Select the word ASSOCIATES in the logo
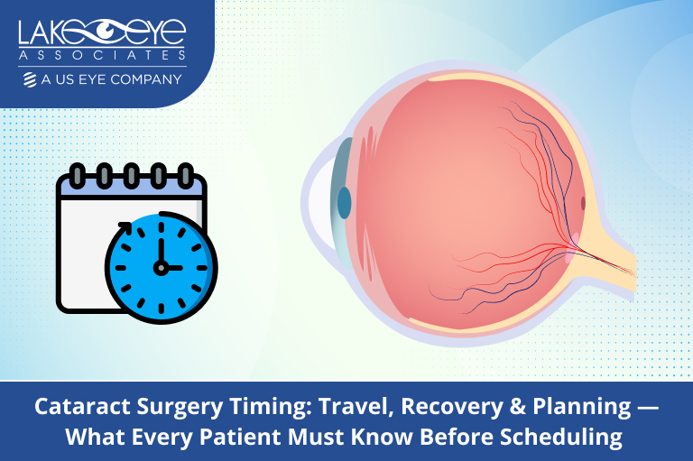(x=102, y=57)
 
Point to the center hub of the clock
(x=162, y=267)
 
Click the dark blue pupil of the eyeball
(x=344, y=203)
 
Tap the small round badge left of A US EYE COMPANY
(x=31, y=79)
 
